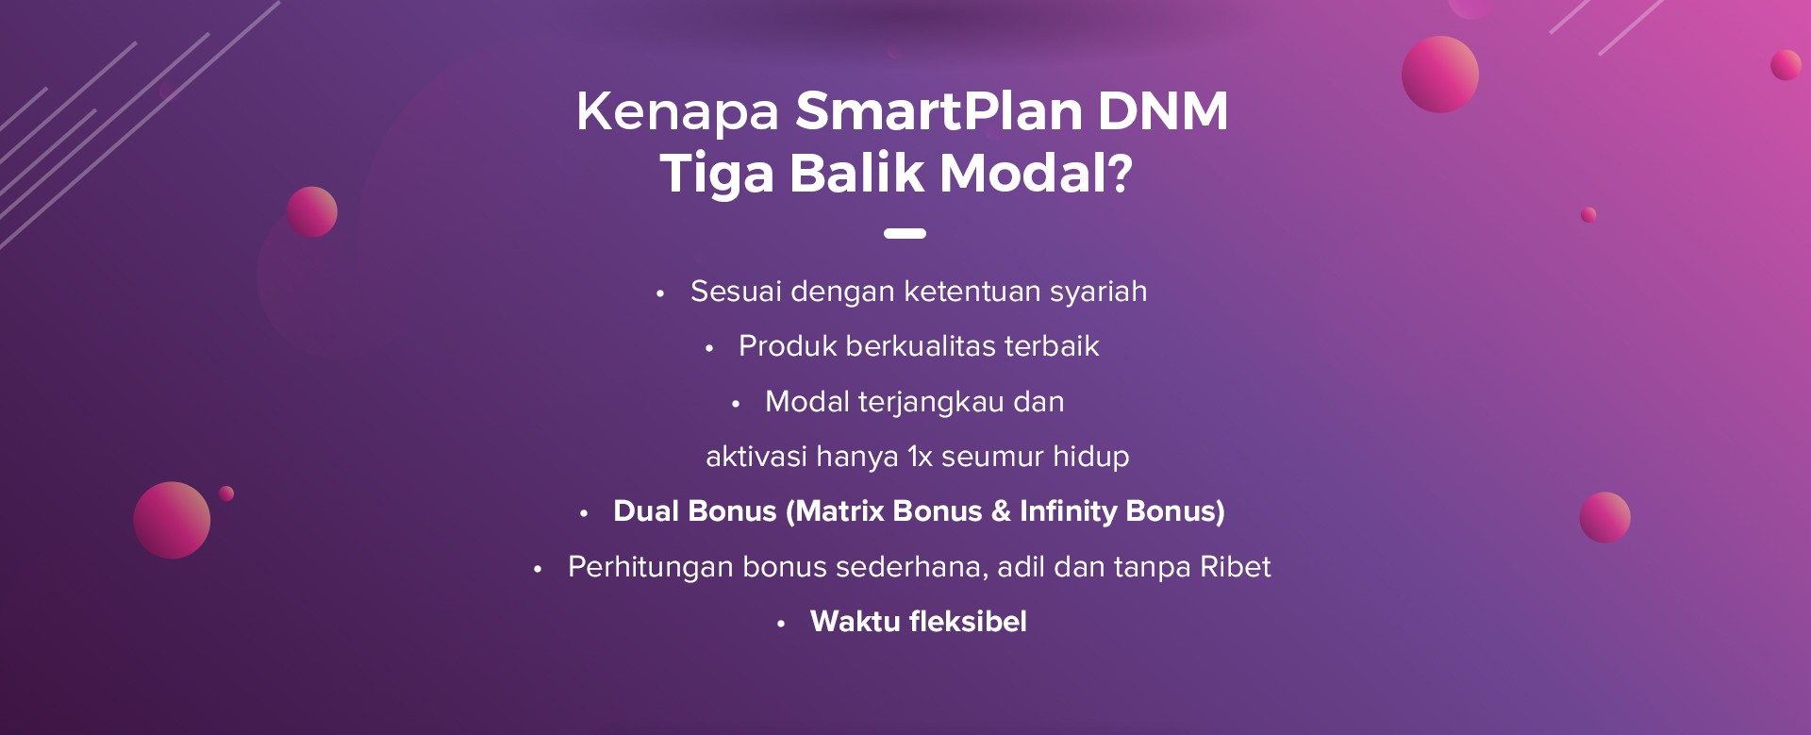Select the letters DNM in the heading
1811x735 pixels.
point(1163,110)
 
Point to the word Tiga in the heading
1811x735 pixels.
point(717,175)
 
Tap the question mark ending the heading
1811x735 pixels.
point(1120,173)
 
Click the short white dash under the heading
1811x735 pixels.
point(905,233)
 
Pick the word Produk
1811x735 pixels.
point(788,346)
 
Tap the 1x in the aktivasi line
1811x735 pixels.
point(920,457)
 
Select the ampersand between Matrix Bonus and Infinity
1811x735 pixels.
point(1001,511)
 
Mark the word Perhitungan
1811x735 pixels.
point(651,568)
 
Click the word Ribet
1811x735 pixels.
point(1235,566)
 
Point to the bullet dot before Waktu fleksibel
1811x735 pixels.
point(781,624)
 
